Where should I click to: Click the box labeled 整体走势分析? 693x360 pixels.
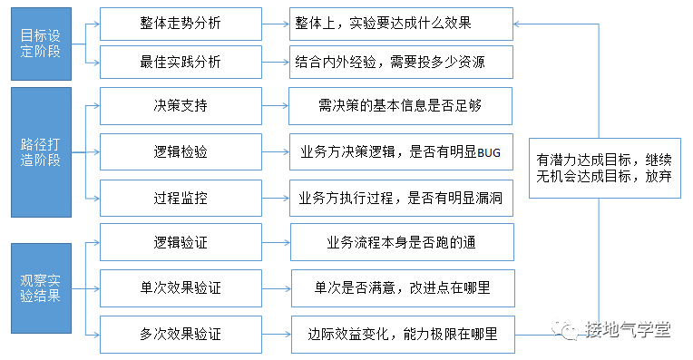point(181,22)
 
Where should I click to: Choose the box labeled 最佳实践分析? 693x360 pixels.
point(181,63)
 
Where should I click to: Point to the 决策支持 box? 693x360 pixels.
point(181,105)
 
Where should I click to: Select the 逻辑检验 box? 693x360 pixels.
point(181,151)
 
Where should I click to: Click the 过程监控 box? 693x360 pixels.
point(181,197)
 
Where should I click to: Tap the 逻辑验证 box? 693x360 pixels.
point(181,242)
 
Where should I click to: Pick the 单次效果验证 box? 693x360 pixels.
point(181,288)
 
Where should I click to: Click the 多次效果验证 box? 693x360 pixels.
point(181,334)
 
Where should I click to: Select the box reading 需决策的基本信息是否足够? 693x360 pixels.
point(400,105)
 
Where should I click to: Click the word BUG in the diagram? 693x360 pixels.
point(488,152)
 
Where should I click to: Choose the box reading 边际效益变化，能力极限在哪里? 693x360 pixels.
point(402,334)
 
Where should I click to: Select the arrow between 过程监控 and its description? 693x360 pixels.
point(275,197)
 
